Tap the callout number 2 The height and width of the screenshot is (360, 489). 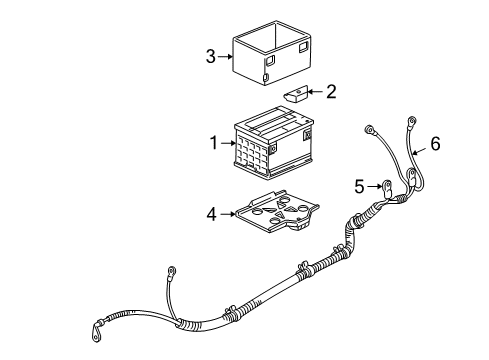pyautogui.click(x=331, y=92)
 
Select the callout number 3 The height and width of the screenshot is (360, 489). pyautogui.click(x=210, y=57)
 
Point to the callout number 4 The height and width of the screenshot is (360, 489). pyautogui.click(x=211, y=212)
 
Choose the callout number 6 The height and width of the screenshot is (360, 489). pyautogui.click(x=434, y=145)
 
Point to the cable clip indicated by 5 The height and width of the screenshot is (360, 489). pyautogui.click(x=386, y=186)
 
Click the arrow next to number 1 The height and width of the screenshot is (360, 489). pyautogui.click(x=227, y=144)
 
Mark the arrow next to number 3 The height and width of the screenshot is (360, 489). pyautogui.click(x=224, y=57)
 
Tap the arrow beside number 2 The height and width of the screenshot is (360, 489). pyautogui.click(x=316, y=93)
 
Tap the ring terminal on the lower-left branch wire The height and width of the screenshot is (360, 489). pyautogui.click(x=171, y=269)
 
